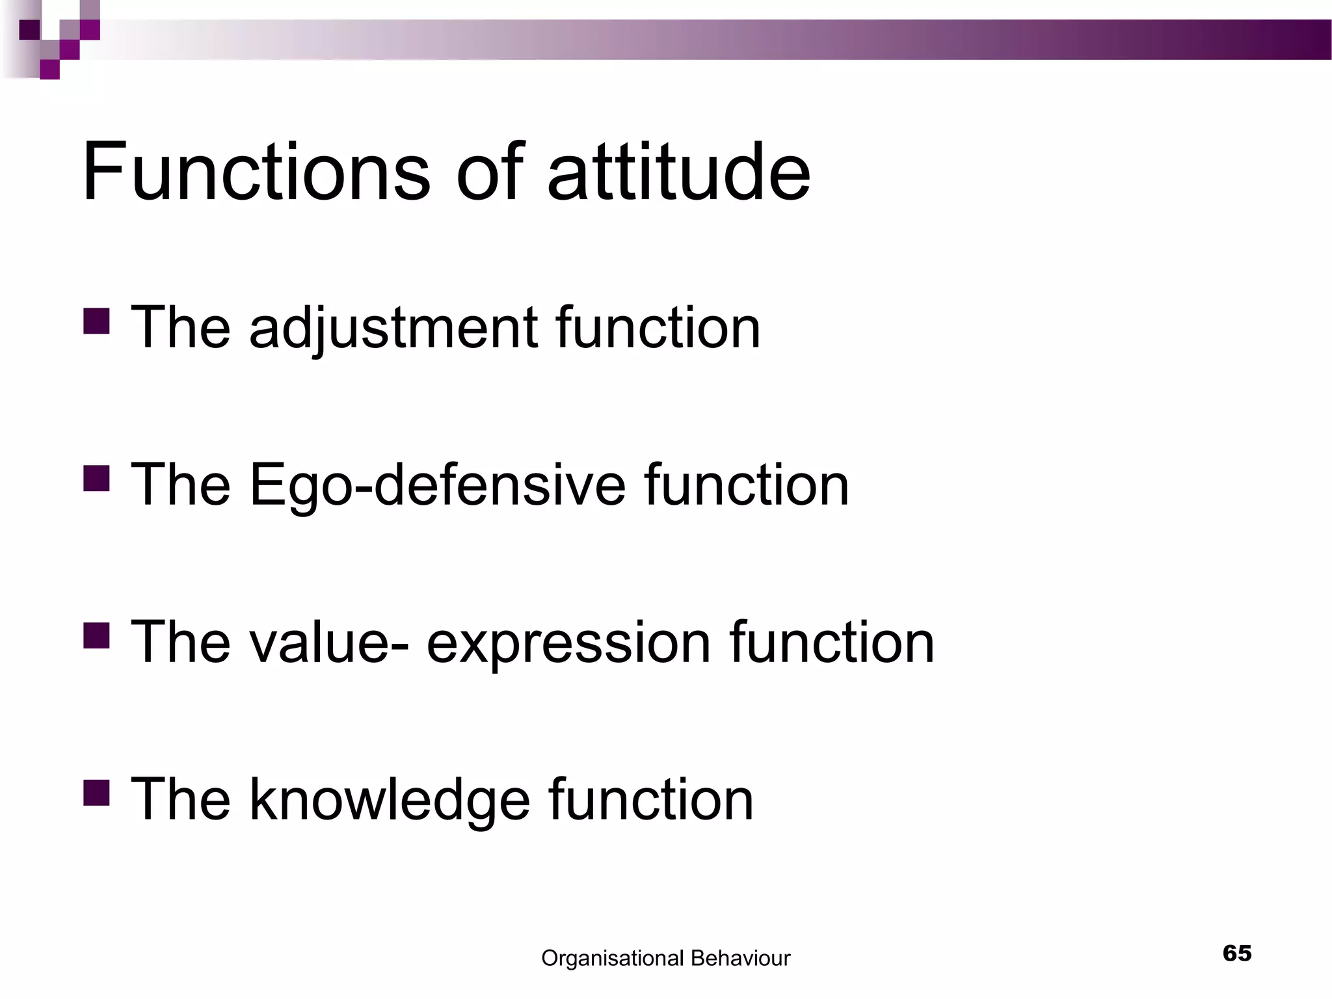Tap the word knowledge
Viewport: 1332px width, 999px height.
pos(390,800)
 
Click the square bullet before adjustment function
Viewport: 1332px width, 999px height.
pos(96,321)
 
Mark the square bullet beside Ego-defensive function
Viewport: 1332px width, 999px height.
pos(96,477)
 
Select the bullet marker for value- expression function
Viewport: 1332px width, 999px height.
pos(96,635)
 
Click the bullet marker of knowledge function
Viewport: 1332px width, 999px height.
pos(96,793)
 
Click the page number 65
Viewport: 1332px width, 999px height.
pos(1237,953)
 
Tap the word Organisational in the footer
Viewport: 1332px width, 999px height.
pos(612,959)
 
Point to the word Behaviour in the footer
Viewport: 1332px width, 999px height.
pos(740,959)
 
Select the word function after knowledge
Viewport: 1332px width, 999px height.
pos(651,799)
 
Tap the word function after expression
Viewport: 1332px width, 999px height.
pos(832,643)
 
